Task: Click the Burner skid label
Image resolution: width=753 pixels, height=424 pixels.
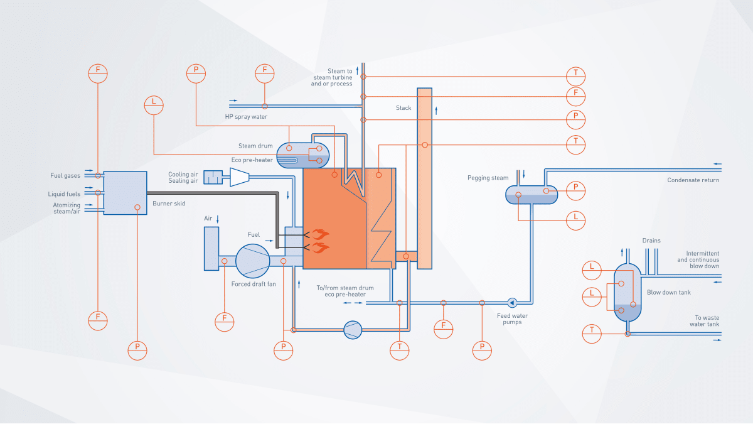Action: (x=169, y=204)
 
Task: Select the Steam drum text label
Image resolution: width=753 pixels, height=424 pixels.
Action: (x=255, y=146)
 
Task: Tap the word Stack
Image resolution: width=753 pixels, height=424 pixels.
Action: (x=403, y=108)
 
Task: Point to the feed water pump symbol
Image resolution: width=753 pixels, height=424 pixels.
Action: (x=512, y=302)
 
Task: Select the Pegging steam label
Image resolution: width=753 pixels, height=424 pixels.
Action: (x=488, y=178)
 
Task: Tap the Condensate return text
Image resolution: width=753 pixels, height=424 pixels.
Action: (x=693, y=180)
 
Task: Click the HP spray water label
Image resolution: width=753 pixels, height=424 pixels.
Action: (x=246, y=117)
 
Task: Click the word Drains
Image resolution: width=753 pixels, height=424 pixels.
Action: (x=651, y=241)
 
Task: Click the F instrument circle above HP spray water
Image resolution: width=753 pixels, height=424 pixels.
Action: (x=264, y=73)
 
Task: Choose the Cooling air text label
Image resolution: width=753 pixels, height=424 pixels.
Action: (x=183, y=175)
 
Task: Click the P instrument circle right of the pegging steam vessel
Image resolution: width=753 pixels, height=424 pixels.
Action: (x=575, y=188)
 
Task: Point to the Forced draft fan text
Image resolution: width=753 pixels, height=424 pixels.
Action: (x=254, y=284)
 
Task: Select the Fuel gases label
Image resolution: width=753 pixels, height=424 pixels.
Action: (x=65, y=176)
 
